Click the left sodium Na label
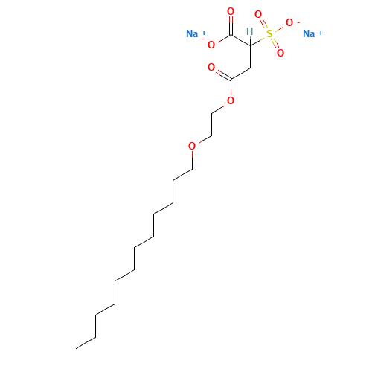[x=192, y=33]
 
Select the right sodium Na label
[x=309, y=33]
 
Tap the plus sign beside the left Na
[x=204, y=33]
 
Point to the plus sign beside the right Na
[x=321, y=33]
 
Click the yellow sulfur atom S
[x=269, y=33]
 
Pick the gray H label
[x=250, y=31]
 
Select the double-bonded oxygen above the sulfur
[x=258, y=14]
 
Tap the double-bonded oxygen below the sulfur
[x=280, y=53]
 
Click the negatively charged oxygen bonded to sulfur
[x=289, y=22]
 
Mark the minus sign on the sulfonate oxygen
[x=298, y=22]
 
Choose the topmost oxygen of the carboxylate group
[x=231, y=11]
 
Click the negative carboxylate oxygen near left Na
[x=211, y=45]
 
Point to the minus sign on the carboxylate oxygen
[x=203, y=39]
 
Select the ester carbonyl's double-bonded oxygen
[x=211, y=67]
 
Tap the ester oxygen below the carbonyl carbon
[x=231, y=100]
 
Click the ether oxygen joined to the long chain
[x=192, y=146]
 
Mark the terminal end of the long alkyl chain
[x=76, y=348]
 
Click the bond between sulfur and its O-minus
[x=279, y=28]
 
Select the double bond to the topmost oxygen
[x=231, y=25]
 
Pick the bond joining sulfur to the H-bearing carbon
[x=258, y=41]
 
